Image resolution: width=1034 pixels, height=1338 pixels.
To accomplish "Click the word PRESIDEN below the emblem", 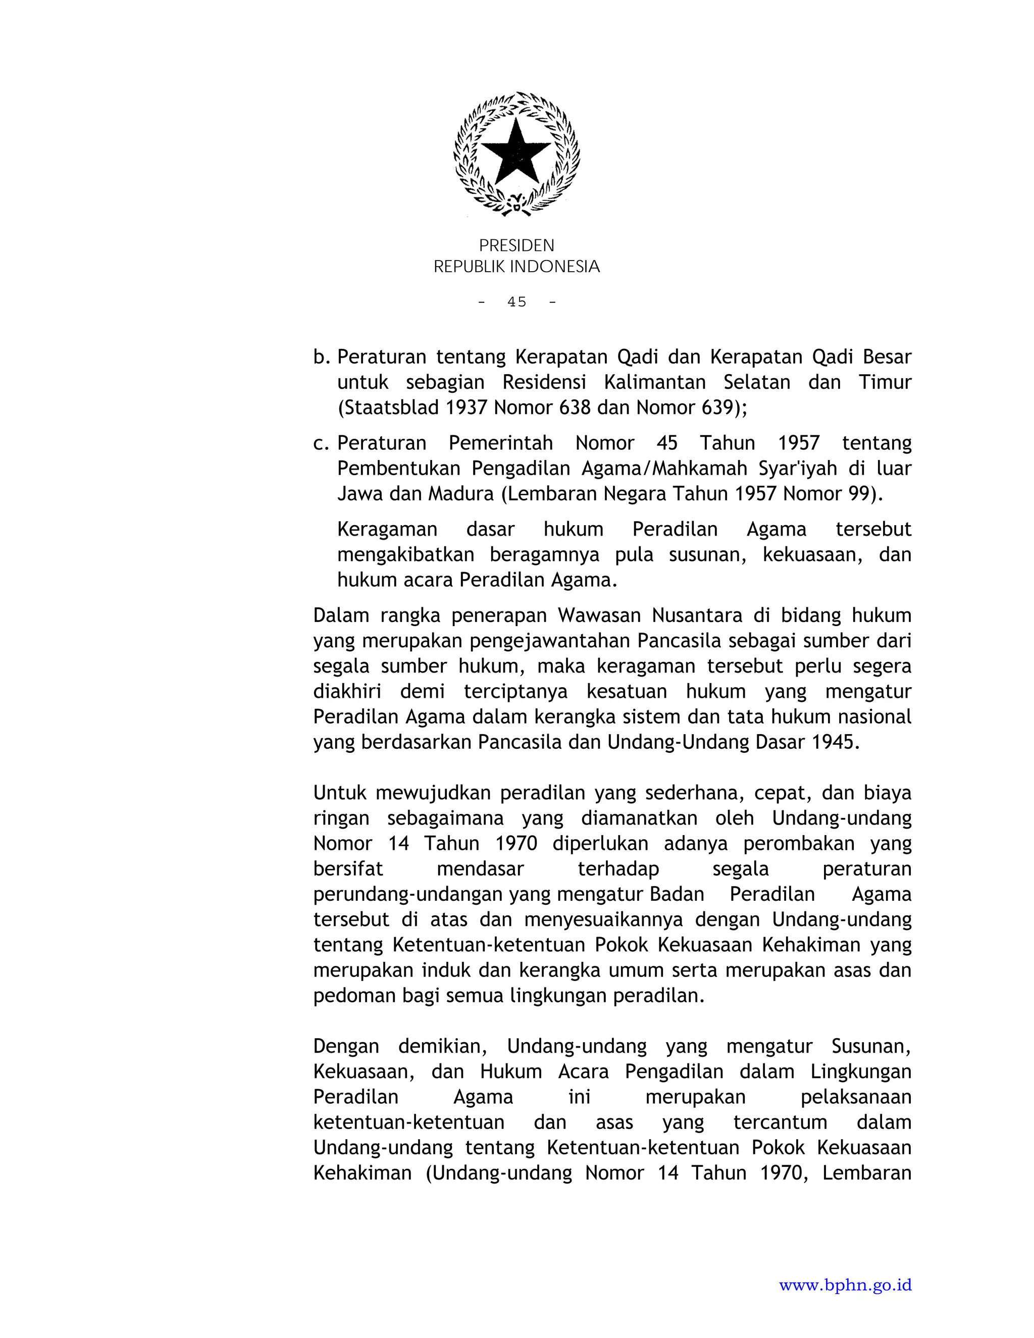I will pyautogui.click(x=516, y=246).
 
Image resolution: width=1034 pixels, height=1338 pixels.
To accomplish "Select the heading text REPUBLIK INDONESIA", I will pyautogui.click(x=516, y=267).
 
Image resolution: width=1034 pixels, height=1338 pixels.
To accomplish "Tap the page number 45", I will pyautogui.click(x=516, y=301).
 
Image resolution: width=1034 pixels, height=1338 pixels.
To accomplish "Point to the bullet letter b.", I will pyautogui.click(x=321, y=356).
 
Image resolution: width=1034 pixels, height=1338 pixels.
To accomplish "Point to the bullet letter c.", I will pyautogui.click(x=321, y=443).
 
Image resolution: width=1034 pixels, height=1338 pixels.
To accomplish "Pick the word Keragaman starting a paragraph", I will pyautogui.click(x=387, y=529).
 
